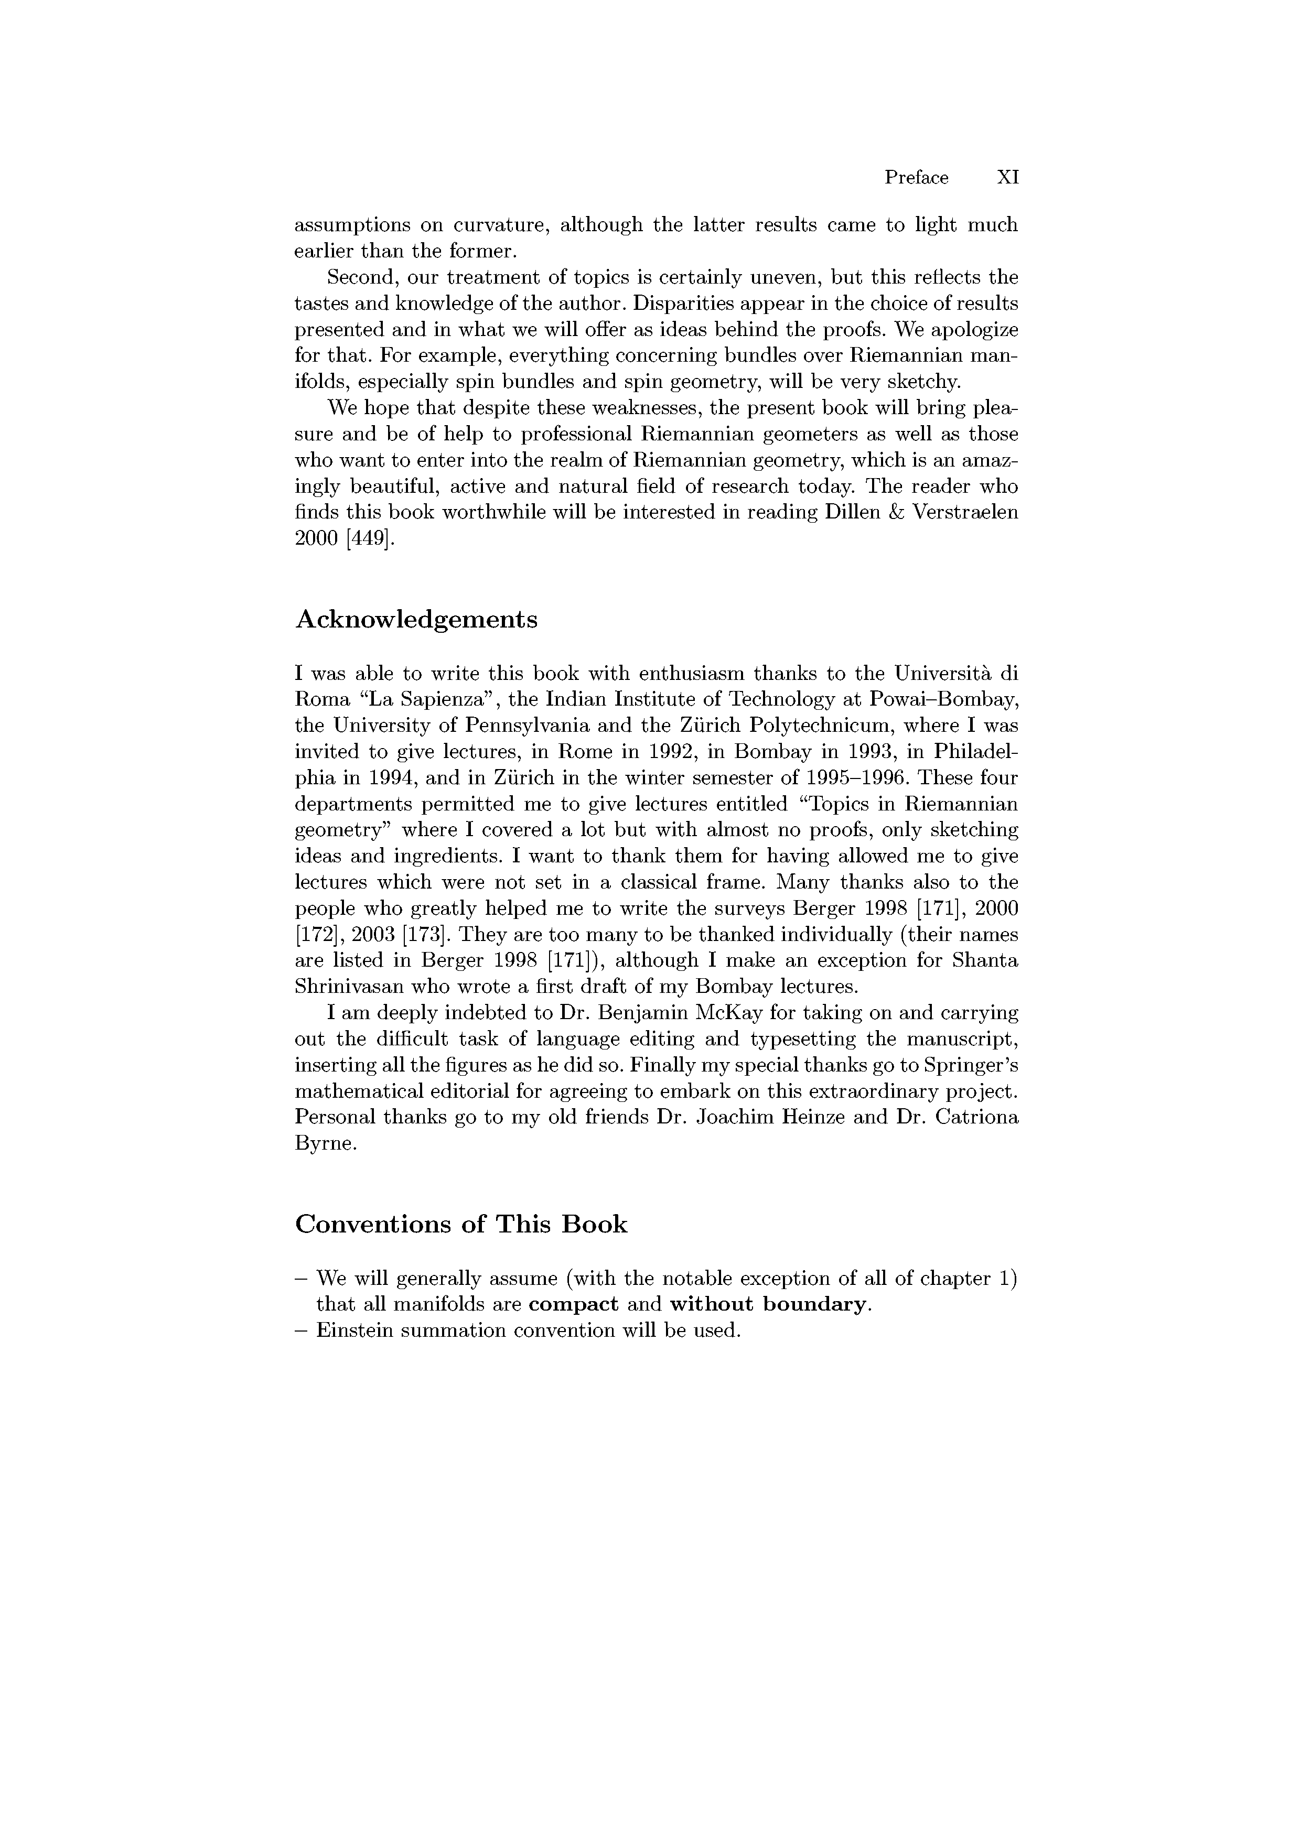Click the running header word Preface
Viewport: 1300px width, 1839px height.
[x=916, y=178]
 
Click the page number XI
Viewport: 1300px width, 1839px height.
[x=1007, y=178]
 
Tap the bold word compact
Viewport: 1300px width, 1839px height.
[x=574, y=1305]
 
